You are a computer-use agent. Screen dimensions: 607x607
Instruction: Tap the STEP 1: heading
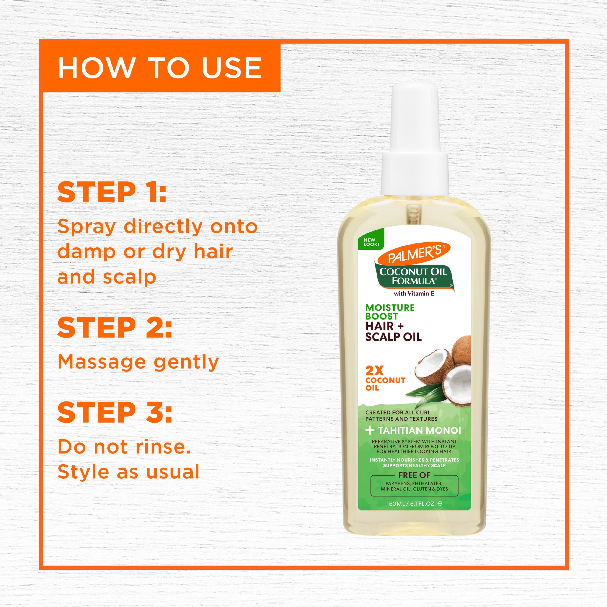click(x=112, y=192)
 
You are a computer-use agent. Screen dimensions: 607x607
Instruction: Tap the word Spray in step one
click(x=87, y=227)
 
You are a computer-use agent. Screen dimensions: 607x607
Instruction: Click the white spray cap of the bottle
click(x=415, y=140)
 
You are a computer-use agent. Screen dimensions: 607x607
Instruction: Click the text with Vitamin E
click(x=414, y=294)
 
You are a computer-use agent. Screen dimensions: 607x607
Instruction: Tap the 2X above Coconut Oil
click(x=374, y=371)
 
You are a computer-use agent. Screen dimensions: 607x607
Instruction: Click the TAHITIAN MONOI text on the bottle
click(x=419, y=431)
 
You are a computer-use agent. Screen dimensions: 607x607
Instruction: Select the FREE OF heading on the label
click(x=414, y=475)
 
